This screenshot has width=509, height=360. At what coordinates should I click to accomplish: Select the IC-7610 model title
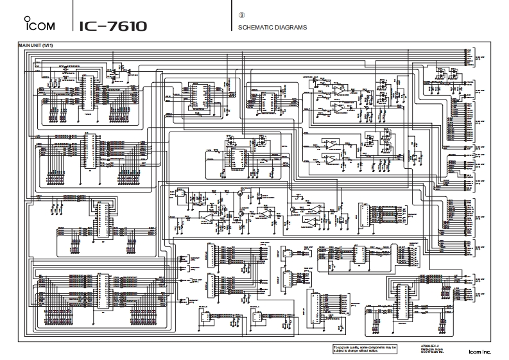[113, 27]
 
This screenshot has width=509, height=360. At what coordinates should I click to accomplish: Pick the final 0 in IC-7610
[141, 27]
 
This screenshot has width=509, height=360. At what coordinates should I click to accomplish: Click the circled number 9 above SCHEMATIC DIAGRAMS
[241, 15]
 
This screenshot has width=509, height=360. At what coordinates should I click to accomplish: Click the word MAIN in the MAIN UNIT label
[25, 45]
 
